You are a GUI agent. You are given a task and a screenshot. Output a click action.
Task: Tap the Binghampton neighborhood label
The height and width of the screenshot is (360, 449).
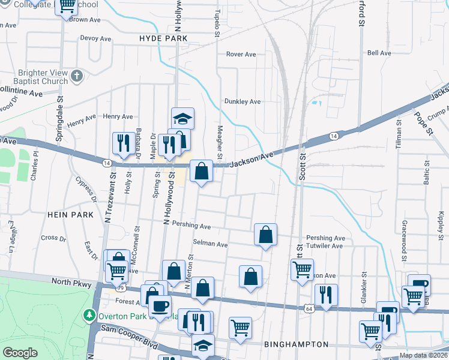(296, 344)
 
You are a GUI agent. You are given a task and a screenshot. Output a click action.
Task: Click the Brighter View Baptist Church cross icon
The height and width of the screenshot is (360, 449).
(76, 76)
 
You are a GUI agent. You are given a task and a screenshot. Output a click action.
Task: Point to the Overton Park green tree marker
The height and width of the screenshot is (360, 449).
(89, 314)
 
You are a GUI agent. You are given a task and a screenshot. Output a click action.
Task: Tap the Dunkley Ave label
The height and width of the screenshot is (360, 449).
(243, 101)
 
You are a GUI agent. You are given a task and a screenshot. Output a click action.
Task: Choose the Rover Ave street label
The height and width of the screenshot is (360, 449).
(241, 55)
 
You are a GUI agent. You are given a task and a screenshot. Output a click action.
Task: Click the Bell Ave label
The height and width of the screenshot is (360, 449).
(379, 53)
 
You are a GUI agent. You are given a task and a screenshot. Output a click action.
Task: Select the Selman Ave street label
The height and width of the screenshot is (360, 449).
(210, 244)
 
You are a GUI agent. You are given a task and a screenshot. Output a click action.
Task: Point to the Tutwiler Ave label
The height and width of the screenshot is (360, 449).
(324, 246)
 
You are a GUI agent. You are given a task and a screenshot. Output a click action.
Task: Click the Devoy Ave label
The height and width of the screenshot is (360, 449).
(96, 38)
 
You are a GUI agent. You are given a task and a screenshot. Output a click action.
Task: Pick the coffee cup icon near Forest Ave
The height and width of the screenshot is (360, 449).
(160, 305)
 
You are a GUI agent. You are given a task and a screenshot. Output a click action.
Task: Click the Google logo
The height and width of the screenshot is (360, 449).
(20, 353)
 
